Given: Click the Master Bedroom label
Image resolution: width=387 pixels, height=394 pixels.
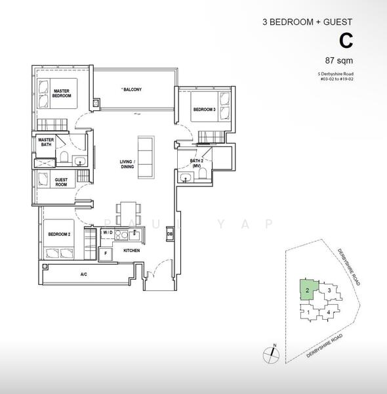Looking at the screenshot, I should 61,93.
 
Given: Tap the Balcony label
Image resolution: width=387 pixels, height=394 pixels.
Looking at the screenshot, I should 131,89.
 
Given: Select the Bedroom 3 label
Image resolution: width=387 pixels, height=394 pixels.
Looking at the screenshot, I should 204,110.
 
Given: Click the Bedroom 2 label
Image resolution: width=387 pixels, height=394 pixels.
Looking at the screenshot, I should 59,233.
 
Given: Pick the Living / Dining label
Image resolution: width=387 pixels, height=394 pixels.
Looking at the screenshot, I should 127,164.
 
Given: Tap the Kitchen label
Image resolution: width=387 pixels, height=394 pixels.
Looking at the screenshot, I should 132,251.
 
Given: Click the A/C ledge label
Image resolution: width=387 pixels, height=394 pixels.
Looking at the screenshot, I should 83,274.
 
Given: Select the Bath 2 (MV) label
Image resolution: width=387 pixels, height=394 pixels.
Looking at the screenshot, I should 195,164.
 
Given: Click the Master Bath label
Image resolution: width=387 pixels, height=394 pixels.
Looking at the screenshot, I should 45,142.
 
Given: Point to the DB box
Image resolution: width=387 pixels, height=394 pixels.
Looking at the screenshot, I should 169,234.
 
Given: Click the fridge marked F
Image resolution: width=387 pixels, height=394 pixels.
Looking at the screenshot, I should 104,253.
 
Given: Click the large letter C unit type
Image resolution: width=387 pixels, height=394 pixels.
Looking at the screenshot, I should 346,41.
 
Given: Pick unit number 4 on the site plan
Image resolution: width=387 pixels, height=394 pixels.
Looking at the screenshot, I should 328,313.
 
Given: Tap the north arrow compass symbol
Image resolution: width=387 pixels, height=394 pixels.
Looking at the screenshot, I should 270,354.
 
